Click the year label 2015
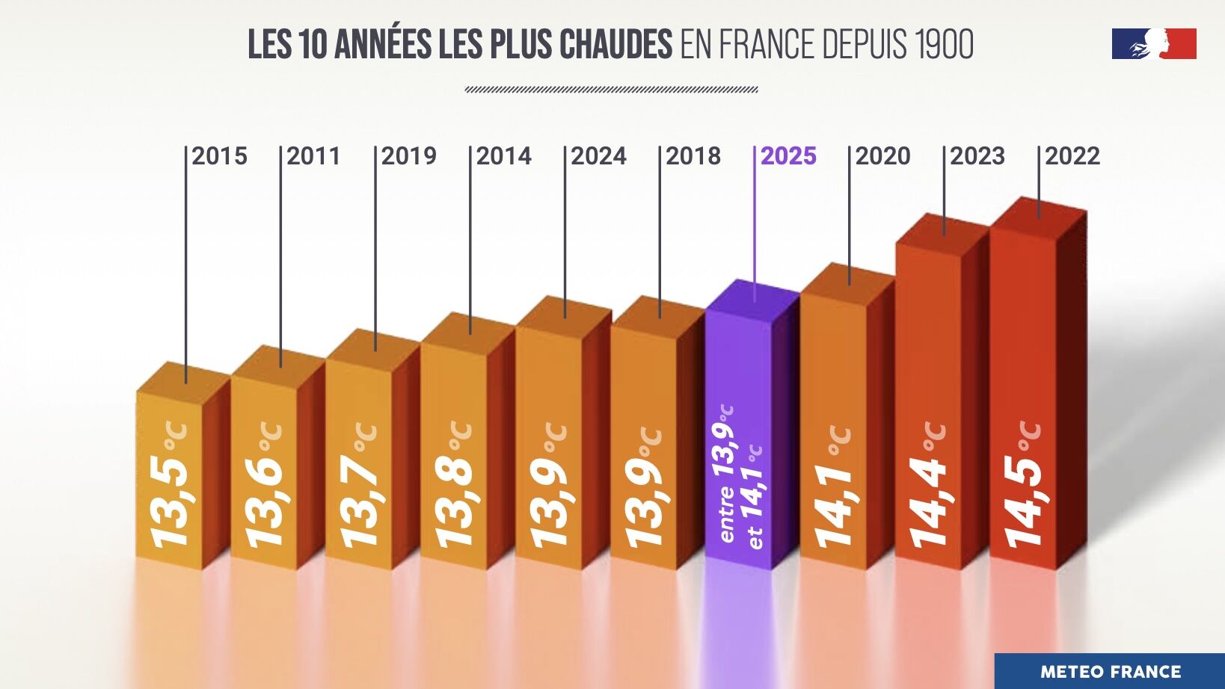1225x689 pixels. [219, 156]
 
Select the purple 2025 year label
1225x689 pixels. [788, 156]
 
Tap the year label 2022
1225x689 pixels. [1072, 156]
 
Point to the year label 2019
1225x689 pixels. [408, 156]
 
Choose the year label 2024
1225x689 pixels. [598, 156]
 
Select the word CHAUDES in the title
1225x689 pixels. [615, 45]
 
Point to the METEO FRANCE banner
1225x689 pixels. [1110, 672]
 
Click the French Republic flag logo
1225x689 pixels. [1154, 44]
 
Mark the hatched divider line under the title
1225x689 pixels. [611, 90]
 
